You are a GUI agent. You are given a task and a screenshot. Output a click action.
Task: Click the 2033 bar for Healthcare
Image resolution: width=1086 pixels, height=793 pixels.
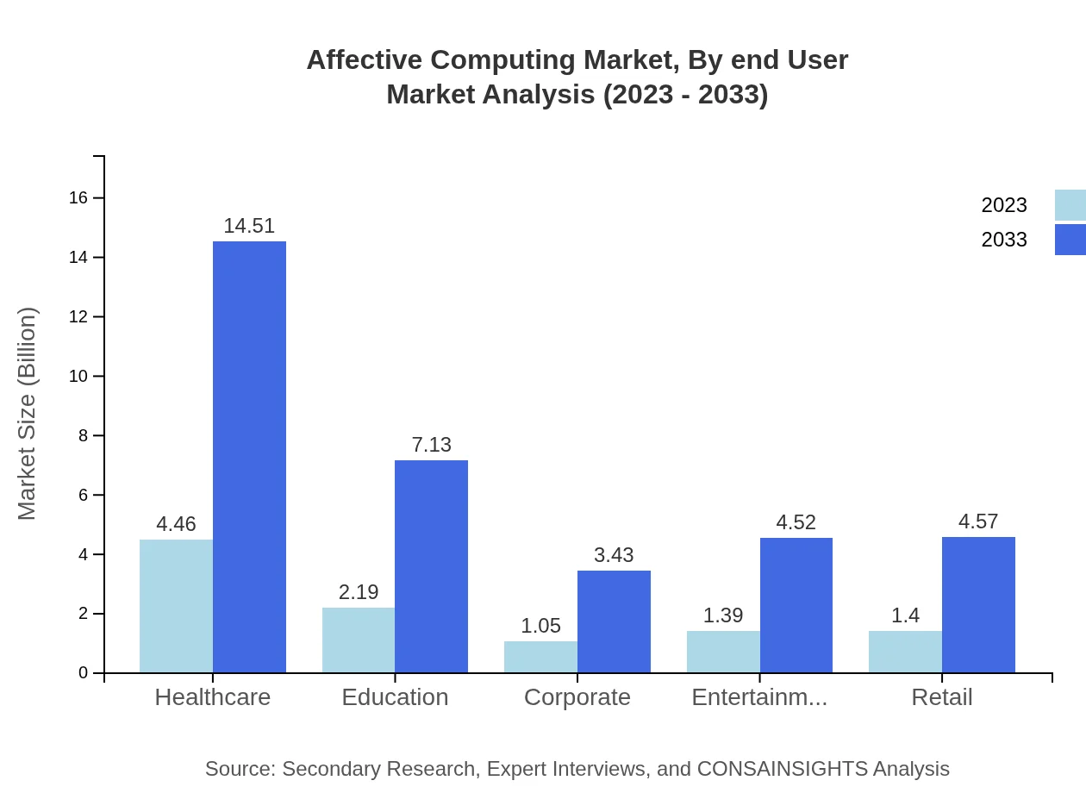249,457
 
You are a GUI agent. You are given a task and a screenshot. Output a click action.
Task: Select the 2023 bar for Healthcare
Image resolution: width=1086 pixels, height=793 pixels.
176,606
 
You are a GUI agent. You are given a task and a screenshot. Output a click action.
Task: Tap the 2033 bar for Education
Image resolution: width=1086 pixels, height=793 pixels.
431,566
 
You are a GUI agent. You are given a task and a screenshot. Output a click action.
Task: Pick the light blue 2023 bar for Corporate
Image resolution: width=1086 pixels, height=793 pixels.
540,657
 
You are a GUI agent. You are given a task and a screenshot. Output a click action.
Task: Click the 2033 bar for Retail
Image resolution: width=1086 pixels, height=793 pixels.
978,604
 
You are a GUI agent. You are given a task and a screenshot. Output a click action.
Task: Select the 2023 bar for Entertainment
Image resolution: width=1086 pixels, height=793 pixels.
723,652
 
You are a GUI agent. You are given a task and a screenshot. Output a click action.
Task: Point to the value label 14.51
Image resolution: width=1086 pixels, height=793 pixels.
249,226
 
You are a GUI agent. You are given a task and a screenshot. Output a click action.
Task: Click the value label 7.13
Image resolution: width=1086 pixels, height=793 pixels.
431,445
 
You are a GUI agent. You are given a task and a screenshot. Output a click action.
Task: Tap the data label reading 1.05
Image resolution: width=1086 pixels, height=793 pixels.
540,626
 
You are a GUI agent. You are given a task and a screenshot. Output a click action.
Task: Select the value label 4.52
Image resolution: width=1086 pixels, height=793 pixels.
796,522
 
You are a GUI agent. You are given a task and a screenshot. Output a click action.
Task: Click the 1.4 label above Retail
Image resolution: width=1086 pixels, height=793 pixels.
905,615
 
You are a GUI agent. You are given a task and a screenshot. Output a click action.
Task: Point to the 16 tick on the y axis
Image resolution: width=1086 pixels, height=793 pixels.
78,198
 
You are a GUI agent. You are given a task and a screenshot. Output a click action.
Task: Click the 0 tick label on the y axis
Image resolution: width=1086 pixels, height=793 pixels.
84,673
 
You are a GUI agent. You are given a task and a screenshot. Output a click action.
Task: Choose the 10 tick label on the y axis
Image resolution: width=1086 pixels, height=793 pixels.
78,377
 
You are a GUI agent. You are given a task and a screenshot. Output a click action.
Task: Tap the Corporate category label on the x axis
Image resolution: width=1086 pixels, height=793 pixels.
577,697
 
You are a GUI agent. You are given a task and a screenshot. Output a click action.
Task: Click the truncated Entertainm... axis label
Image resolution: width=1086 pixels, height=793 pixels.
759,697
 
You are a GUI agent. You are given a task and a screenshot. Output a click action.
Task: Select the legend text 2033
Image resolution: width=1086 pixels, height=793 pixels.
1004,240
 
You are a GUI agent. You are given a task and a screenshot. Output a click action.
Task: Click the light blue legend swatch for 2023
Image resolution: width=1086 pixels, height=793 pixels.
1070,205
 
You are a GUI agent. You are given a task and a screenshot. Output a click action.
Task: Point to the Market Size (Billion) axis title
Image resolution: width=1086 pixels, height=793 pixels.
28,414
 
